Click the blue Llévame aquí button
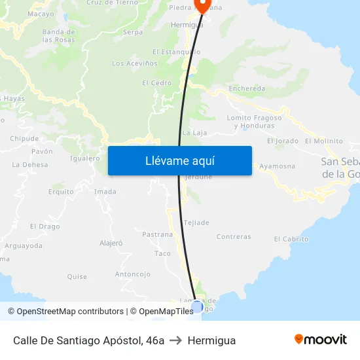[x=179, y=160]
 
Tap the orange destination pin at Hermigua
[x=202, y=5]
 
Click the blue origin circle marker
[x=197, y=306]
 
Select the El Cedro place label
[x=156, y=83]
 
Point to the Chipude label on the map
[x=24, y=139]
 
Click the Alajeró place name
[x=111, y=243]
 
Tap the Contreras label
[x=233, y=237]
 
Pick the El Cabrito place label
[x=291, y=239]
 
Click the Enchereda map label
[x=247, y=88]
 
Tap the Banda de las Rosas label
[x=58, y=35]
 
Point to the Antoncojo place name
[x=133, y=274]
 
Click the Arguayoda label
[x=24, y=246]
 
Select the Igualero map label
[x=84, y=158]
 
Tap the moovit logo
[x=320, y=340]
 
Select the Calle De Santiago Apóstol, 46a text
[x=88, y=340]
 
